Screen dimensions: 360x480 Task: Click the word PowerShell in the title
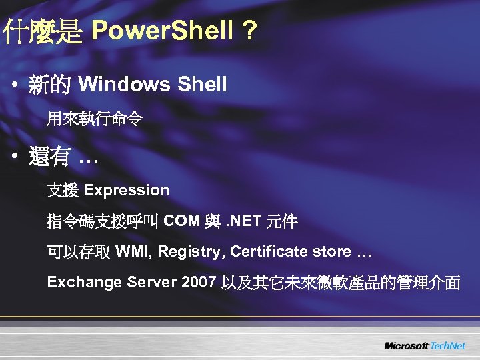point(163,30)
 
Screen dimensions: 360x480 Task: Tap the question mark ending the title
point(249,30)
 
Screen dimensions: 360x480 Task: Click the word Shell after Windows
point(201,85)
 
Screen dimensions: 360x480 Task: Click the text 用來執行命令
point(94,120)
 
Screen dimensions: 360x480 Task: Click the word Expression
point(127,191)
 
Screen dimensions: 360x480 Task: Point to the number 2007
point(197,283)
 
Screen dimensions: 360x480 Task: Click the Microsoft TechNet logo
point(424,345)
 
